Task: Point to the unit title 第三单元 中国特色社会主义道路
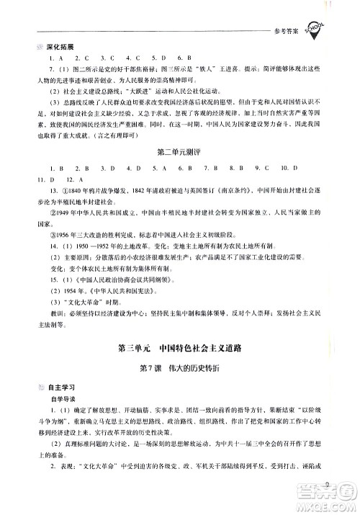point(179,349)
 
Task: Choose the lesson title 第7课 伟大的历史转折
point(179,369)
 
